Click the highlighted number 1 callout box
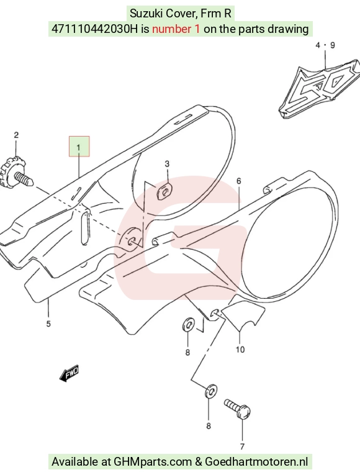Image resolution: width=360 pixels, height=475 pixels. tap(79, 147)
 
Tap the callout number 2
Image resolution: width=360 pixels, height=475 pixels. tap(16, 135)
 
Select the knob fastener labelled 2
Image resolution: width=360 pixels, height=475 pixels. tap(16, 175)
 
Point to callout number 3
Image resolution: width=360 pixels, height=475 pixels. tap(167, 164)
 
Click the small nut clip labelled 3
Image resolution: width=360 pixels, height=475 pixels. tap(164, 191)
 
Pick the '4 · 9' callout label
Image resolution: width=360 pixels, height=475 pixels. tap(325, 45)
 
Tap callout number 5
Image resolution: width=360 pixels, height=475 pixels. tap(48, 324)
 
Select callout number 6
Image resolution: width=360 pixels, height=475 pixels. tap(238, 181)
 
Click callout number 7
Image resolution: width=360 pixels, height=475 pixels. tap(242, 446)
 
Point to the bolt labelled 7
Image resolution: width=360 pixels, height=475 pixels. tap(238, 409)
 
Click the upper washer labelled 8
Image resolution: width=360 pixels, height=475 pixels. tap(187, 325)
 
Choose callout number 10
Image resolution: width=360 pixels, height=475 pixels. tap(240, 350)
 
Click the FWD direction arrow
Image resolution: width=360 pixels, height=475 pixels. tap(69, 374)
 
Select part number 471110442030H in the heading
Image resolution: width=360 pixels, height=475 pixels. tap(94, 29)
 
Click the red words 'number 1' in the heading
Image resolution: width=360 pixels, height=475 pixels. tap(176, 29)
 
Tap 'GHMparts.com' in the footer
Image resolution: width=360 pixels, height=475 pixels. tap(153, 462)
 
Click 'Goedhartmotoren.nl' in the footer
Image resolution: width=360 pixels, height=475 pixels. tap(256, 462)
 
